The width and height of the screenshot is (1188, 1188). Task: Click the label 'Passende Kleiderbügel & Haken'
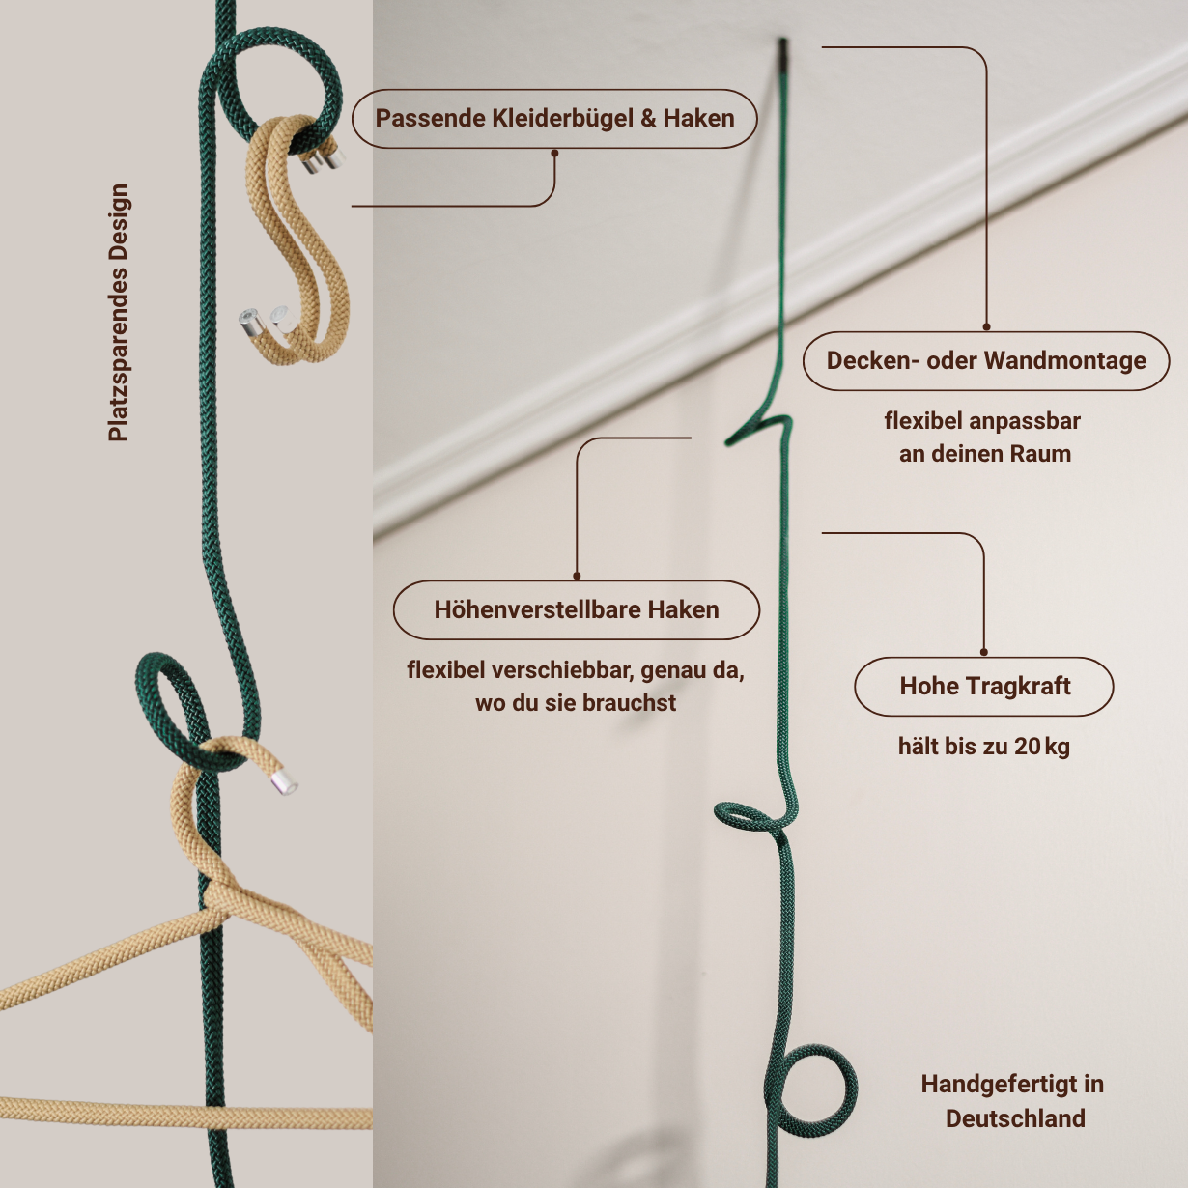pyautogui.click(x=554, y=119)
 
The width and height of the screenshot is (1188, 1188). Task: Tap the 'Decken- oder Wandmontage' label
pyautogui.click(x=985, y=361)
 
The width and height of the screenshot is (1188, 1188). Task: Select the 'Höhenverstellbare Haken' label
pyautogui.click(x=577, y=610)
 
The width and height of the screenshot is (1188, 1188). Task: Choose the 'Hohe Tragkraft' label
pyautogui.click(x=984, y=687)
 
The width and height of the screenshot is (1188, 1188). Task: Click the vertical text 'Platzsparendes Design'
pyautogui.click(x=118, y=313)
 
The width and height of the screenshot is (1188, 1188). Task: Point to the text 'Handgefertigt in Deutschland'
pyautogui.click(x=1013, y=1101)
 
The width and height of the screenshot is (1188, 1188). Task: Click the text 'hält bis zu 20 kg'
pyautogui.click(x=983, y=747)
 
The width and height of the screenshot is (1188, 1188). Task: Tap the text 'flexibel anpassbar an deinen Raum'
pyautogui.click(x=983, y=438)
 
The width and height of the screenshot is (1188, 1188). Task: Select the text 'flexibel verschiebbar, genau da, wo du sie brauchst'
pyautogui.click(x=576, y=687)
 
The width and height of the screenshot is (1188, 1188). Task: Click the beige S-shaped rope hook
pyautogui.click(x=299, y=241)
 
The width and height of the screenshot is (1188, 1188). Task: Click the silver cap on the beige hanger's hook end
pyautogui.click(x=284, y=783)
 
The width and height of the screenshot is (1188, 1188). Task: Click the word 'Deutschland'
pyautogui.click(x=1015, y=1118)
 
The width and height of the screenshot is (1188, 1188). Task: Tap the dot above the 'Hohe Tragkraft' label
pyautogui.click(x=984, y=652)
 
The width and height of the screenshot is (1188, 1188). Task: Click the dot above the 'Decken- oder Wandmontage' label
pyautogui.click(x=986, y=326)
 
